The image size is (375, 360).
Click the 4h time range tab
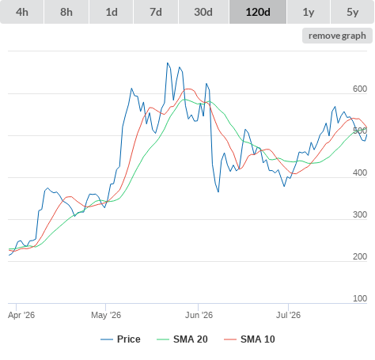(x=22, y=12)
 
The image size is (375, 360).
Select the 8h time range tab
(x=66, y=12)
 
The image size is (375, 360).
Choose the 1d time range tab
(x=112, y=12)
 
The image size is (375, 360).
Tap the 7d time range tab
(x=156, y=12)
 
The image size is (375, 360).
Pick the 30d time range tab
(x=203, y=12)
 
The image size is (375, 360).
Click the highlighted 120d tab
(x=258, y=12)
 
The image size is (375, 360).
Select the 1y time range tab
(x=309, y=12)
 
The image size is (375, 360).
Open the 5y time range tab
(x=353, y=12)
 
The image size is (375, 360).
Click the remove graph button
(x=337, y=36)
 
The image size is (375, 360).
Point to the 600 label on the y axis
(x=360, y=89)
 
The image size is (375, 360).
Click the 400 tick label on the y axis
(x=360, y=172)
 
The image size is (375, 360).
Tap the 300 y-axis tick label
(x=360, y=214)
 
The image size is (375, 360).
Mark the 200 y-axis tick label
(x=360, y=256)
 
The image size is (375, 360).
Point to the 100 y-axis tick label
(x=360, y=298)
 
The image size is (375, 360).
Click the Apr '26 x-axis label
(x=21, y=315)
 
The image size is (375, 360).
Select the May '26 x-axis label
(x=106, y=315)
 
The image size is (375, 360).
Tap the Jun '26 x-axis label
(x=199, y=315)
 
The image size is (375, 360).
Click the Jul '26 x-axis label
(x=288, y=315)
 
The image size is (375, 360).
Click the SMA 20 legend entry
(x=182, y=339)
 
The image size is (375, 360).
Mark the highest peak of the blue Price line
(x=167, y=63)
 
